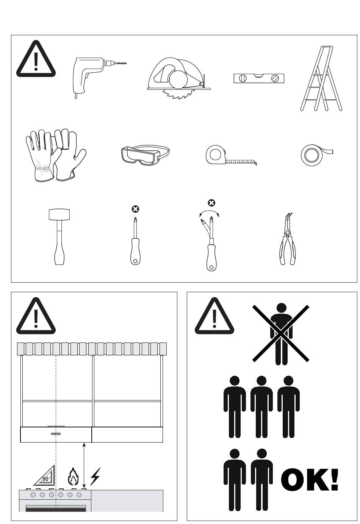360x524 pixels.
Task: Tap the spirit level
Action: tap(259, 78)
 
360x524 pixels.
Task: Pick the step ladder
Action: tap(321, 78)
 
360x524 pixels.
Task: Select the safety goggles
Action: tap(145, 155)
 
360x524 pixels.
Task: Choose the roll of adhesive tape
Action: tap(316, 155)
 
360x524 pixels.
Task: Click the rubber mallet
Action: tap(59, 236)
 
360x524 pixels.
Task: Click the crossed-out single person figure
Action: tap(281, 333)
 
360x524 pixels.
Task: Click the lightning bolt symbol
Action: tap(95, 476)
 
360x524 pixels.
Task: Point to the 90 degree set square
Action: tap(44, 476)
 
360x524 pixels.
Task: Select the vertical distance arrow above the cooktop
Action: tap(84, 466)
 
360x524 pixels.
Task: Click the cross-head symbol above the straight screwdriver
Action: tap(135, 209)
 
